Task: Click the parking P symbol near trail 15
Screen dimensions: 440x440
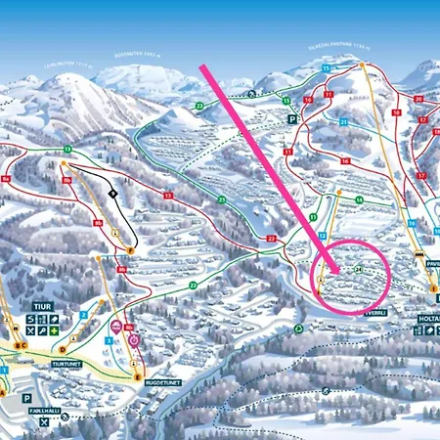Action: click(292, 118)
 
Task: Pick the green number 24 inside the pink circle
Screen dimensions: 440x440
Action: click(360, 268)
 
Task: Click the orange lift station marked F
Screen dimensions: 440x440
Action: click(129, 250)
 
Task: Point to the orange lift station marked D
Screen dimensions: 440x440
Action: click(63, 349)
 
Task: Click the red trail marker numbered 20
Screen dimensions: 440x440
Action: click(418, 100)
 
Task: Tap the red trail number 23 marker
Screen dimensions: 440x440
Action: click(271, 238)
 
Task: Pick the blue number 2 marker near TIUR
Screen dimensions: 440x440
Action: click(83, 314)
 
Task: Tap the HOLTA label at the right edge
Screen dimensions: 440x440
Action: click(427, 317)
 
